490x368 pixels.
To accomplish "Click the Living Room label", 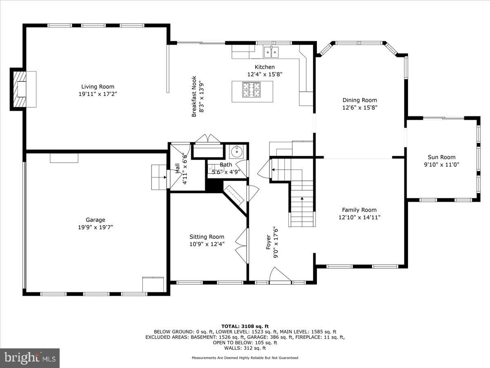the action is [x=98, y=87].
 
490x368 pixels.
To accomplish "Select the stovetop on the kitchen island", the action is [x=252, y=90].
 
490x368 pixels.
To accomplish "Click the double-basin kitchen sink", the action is [x=271, y=52].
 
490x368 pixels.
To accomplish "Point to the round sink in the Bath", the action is [x=236, y=152].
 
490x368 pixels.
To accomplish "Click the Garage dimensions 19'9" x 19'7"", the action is [x=96, y=227].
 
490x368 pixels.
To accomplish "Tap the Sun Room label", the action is [x=441, y=157].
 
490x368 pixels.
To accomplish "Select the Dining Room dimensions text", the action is [x=360, y=108].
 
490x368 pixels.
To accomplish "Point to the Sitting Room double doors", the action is [x=242, y=246].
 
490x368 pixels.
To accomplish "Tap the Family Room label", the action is [x=359, y=210].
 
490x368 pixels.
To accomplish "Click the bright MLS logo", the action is [x=30, y=358].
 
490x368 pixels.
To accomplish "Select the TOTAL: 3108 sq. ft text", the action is [x=245, y=326].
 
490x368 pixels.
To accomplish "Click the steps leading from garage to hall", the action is [x=159, y=177].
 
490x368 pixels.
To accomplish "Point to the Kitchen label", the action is [x=265, y=67].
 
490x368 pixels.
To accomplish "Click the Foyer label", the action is [x=268, y=242].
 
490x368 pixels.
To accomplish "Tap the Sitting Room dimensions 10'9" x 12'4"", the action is [x=207, y=244].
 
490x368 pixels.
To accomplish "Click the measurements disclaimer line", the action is [x=245, y=358].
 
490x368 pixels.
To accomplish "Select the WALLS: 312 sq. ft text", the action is [x=245, y=348].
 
